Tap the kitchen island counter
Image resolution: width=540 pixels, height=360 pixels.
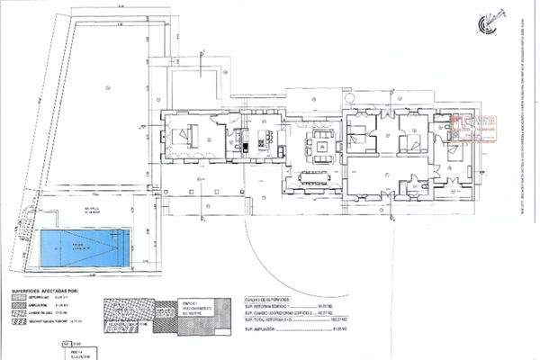click(266, 139)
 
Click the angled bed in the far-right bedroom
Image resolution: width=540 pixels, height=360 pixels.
click(454, 150)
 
